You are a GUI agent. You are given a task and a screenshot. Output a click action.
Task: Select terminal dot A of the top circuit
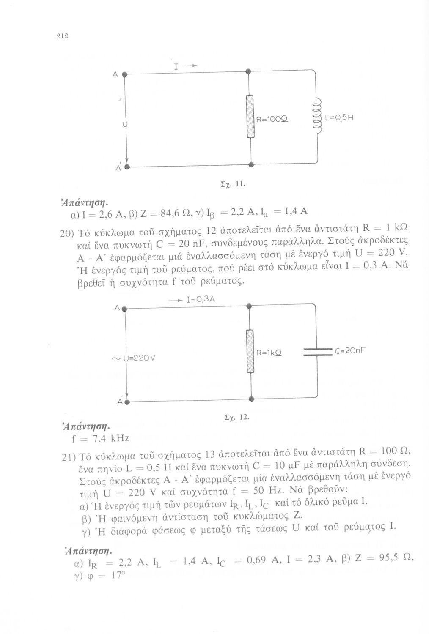click(125, 74)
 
